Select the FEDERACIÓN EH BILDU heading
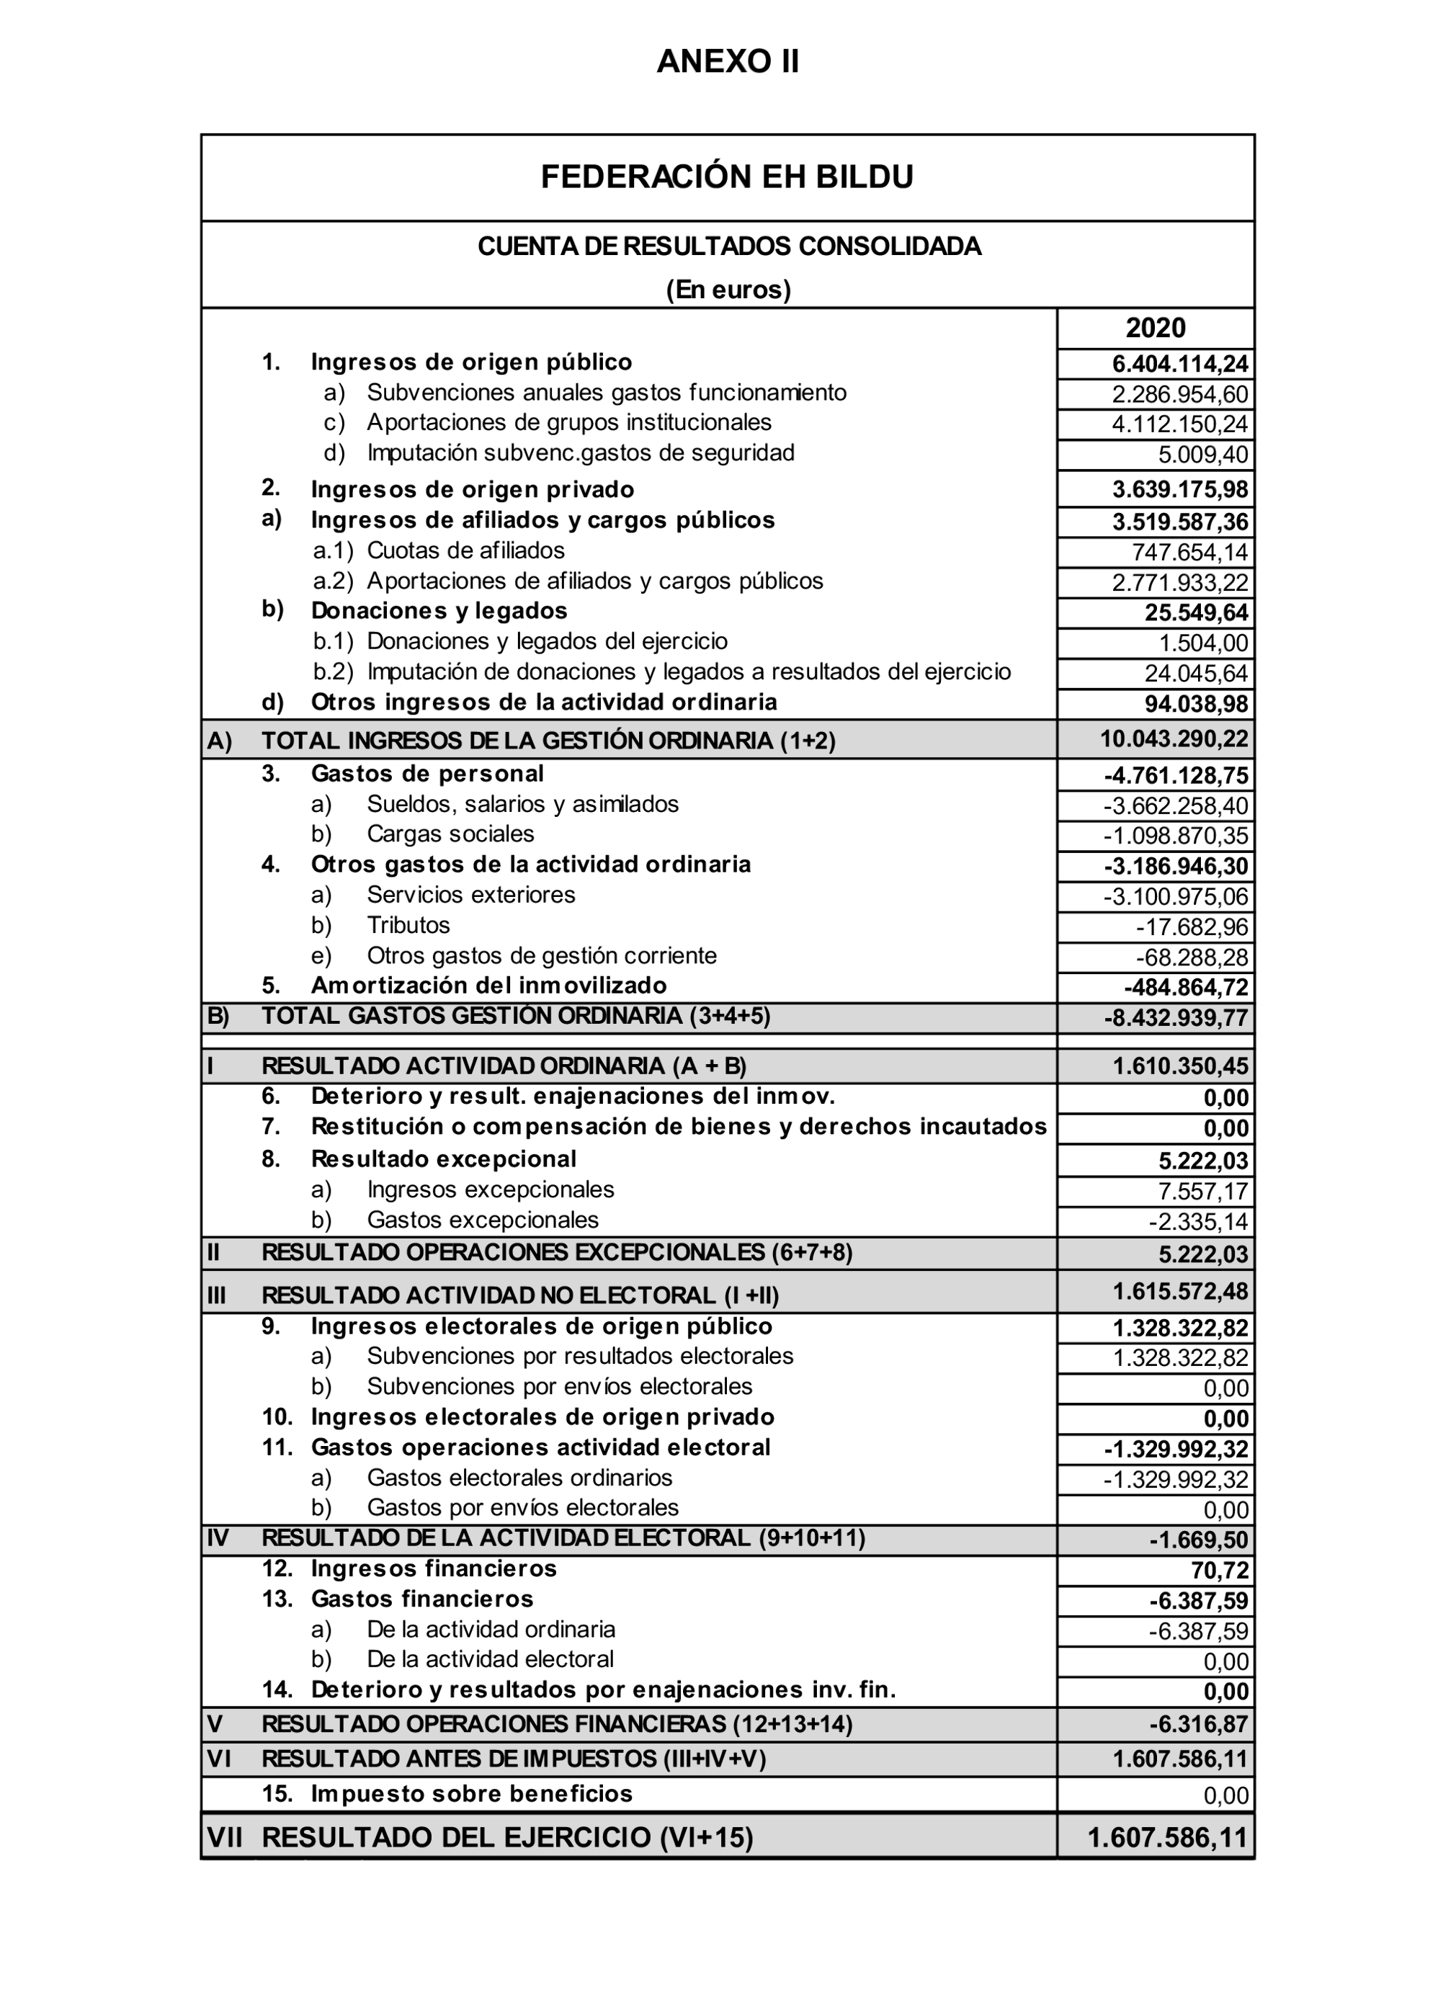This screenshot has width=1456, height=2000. click(727, 177)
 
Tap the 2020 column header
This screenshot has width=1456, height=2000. click(1156, 328)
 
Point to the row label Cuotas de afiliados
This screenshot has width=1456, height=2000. click(465, 551)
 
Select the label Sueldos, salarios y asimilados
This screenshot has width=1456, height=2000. click(523, 804)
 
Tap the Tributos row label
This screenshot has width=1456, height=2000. click(408, 925)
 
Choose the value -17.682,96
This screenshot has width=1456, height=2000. click(1192, 927)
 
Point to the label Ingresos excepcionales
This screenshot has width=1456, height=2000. click(491, 1189)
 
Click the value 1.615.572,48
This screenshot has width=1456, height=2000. click(1180, 1292)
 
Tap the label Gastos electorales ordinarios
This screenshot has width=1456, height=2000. click(519, 1477)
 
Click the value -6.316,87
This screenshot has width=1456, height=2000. click(1199, 1724)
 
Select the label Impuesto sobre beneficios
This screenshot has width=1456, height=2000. click(472, 1794)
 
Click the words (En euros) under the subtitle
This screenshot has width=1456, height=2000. click(728, 290)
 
